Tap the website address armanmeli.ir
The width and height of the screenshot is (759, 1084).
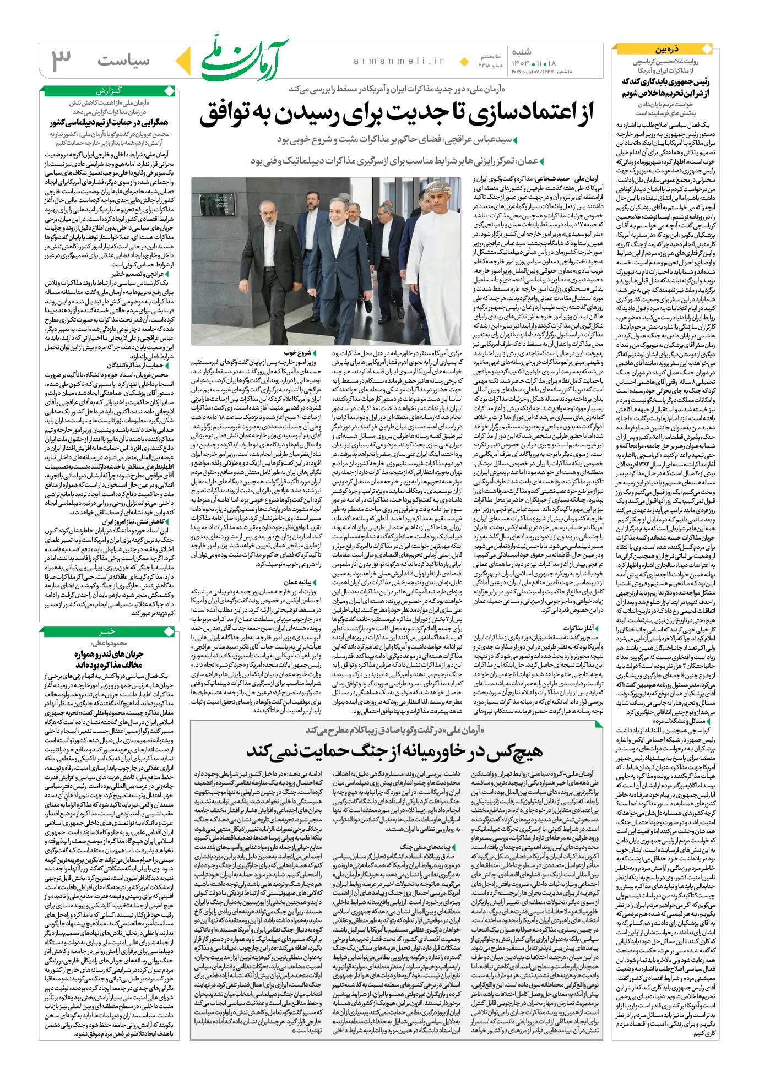pos(398,61)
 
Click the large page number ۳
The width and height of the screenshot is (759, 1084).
pos(62,59)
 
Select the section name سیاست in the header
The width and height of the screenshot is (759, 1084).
pos(123,61)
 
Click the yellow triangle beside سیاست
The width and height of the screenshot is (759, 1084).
pos(183,60)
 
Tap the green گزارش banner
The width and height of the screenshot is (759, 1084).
pos(109,90)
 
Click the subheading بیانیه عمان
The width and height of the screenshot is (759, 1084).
pos(297,582)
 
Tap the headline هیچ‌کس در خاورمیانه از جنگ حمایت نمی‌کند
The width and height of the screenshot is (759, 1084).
pos(394,751)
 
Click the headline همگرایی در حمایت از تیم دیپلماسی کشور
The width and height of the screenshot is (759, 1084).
pos(109,123)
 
